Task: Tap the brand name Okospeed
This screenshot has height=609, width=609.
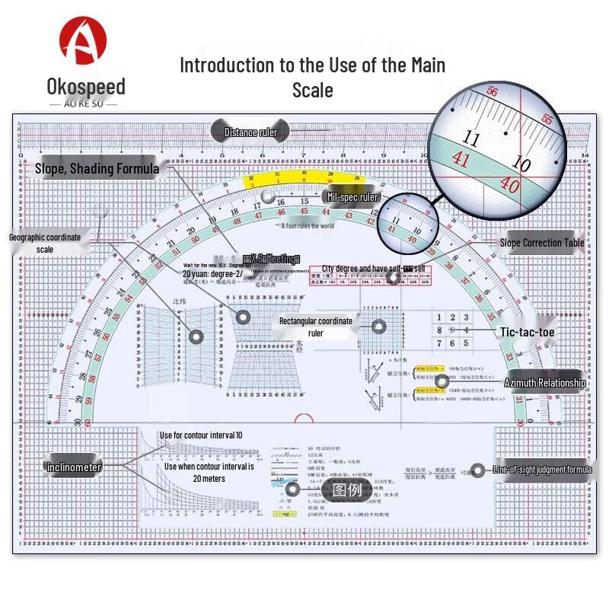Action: (x=85, y=85)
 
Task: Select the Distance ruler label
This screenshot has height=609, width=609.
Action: (x=250, y=132)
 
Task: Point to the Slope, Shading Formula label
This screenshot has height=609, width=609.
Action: (x=97, y=168)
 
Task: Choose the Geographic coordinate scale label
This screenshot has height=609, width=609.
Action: (x=44, y=243)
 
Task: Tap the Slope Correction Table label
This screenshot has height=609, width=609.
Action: (x=542, y=243)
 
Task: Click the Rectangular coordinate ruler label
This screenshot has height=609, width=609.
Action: (x=315, y=327)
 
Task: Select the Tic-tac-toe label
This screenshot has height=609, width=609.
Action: (x=527, y=333)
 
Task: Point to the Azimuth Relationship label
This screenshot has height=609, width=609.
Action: (x=544, y=383)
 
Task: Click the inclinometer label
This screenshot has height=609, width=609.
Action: (x=74, y=467)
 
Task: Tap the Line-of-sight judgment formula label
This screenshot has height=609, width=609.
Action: (x=542, y=470)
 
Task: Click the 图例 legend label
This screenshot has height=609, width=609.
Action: (x=346, y=489)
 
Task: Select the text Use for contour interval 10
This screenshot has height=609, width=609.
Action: (x=201, y=435)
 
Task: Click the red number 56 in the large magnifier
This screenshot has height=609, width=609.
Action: (x=492, y=92)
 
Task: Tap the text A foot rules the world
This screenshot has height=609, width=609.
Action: (x=308, y=226)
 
